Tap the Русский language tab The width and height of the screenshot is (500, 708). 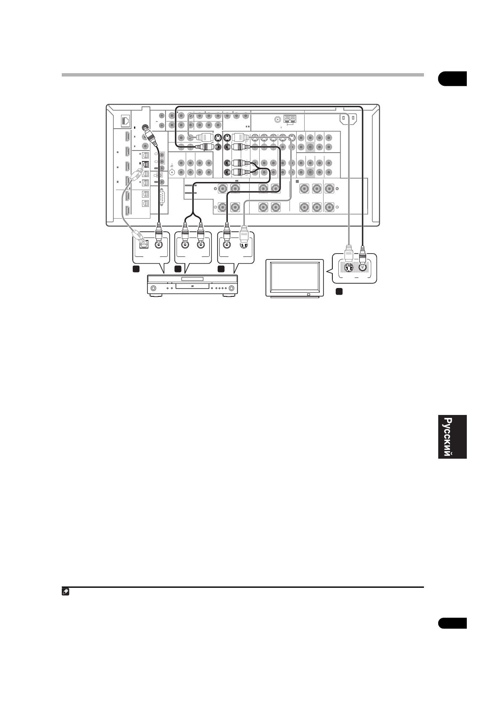coord(452,437)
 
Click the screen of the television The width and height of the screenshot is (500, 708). coord(295,277)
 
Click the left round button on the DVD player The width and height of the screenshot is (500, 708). coord(154,288)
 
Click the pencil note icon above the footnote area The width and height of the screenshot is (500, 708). coord(66,592)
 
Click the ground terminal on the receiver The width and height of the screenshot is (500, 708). coord(172,172)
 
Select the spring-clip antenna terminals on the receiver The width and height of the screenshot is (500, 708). coord(289,119)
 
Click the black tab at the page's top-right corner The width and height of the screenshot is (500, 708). coord(452,79)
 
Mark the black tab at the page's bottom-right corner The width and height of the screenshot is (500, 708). coord(452,623)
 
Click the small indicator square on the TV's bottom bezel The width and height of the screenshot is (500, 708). coord(308,294)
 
